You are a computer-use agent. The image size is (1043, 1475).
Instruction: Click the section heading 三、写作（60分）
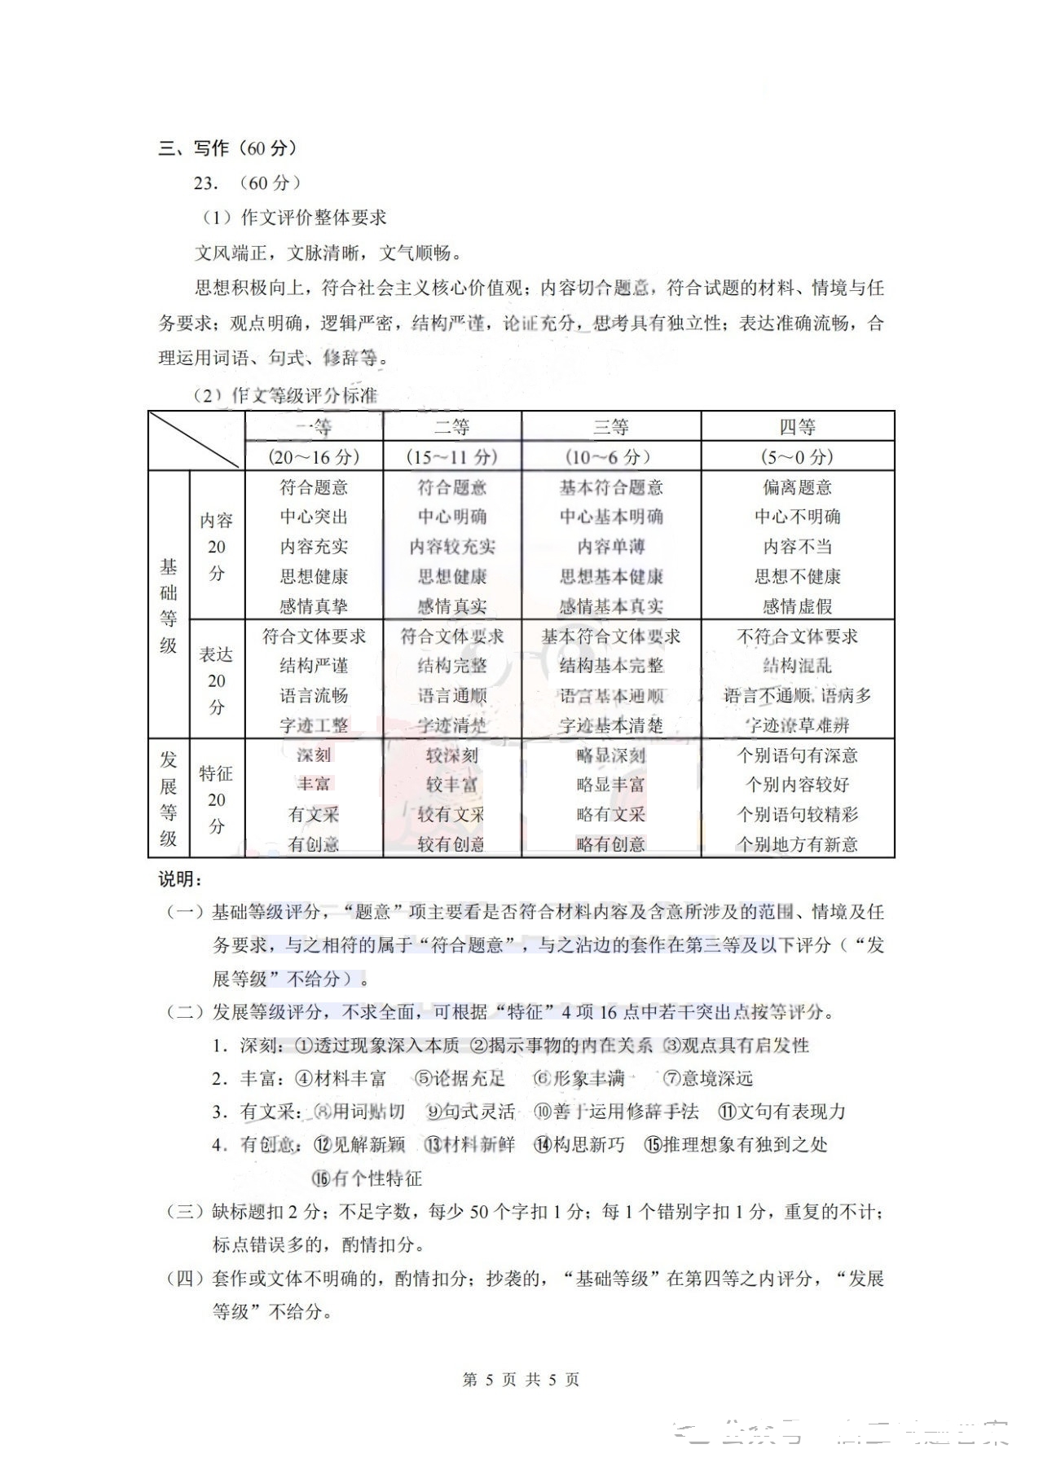tap(228, 148)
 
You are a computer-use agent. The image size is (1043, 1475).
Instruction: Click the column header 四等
tap(797, 427)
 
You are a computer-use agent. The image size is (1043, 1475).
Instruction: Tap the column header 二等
tap(451, 427)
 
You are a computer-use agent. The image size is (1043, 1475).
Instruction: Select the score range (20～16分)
tap(314, 456)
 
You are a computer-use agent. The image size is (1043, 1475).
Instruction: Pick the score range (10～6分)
tap(610, 456)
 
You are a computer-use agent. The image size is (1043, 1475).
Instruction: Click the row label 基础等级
tap(169, 605)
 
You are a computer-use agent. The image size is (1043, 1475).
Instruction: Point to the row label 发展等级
tap(169, 799)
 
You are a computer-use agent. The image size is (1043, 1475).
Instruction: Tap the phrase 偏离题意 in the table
tap(797, 487)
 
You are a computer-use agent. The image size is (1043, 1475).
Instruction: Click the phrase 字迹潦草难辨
tap(797, 725)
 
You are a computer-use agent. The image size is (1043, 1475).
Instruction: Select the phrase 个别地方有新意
tap(797, 844)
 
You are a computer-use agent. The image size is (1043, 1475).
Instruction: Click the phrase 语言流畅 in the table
tap(314, 695)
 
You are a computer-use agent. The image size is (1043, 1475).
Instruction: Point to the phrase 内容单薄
tap(610, 547)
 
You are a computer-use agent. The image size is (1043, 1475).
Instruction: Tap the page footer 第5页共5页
tap(521, 1380)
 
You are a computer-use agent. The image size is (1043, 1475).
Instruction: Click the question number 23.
tap(205, 183)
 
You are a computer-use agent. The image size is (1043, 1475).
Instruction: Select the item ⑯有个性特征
tap(367, 1178)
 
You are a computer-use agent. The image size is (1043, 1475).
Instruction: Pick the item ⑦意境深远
tap(707, 1079)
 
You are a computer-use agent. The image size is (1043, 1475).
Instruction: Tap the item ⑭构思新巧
tap(579, 1145)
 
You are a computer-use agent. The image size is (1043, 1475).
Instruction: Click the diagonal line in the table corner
tap(196, 440)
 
